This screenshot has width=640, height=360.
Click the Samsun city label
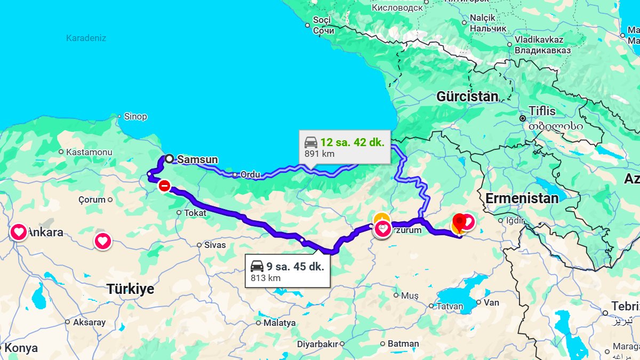[197, 159]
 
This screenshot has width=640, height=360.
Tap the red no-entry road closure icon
[164, 186]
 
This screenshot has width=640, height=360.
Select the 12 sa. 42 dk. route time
[352, 142]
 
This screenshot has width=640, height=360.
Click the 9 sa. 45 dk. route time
[295, 266]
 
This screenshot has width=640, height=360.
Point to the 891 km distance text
[319, 154]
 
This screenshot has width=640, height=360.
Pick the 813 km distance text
[266, 278]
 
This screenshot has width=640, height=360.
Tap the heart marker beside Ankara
[19, 232]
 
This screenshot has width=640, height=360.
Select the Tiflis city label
[542, 111]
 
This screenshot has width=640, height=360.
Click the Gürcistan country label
[467, 97]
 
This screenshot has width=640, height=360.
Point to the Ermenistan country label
[522, 198]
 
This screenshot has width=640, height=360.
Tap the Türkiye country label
[130, 289]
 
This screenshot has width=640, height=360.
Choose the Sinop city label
[135, 116]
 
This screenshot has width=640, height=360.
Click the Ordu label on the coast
[250, 174]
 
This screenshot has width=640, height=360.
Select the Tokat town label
[195, 212]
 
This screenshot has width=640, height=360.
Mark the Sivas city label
[215, 245]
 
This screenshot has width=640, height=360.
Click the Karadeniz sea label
[86, 38]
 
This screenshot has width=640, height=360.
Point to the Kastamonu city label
[89, 152]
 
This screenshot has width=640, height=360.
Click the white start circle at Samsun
[169, 158]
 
